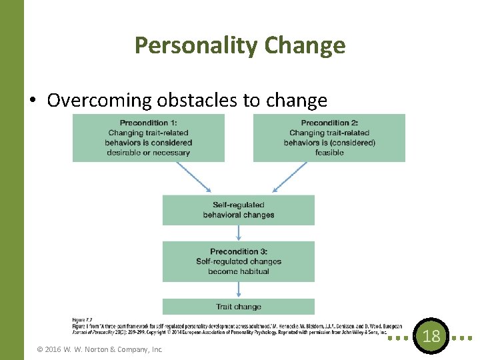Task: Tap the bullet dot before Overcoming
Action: [x=33, y=101]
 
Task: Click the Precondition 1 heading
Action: [x=149, y=123]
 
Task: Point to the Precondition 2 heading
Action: [x=329, y=123]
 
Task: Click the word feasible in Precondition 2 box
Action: [x=329, y=153]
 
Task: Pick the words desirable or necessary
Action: [x=149, y=153]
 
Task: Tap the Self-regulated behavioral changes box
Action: [x=238, y=209]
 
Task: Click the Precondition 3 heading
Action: [x=238, y=251]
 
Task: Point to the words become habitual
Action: [x=238, y=271]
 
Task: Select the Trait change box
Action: [x=238, y=307]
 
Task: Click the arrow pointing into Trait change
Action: [x=239, y=289]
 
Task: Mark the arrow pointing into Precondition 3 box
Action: [x=239, y=233]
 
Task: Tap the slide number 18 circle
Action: [x=431, y=336]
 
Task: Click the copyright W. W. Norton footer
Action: [x=100, y=349]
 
